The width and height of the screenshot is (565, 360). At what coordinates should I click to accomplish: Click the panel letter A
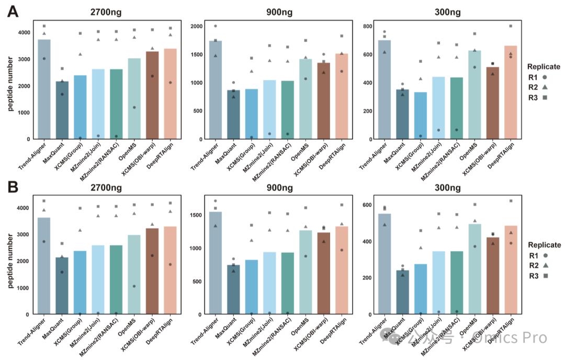12,12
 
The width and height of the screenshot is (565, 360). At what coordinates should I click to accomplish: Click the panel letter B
12,187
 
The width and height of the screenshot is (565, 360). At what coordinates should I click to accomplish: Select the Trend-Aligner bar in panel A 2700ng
44,89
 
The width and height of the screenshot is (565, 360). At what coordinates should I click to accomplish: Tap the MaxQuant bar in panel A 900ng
219,115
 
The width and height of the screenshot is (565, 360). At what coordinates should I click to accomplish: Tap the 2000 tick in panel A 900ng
196,26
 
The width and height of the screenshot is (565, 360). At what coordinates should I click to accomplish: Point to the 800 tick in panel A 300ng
367,26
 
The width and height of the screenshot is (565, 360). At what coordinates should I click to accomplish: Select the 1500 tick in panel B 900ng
196,215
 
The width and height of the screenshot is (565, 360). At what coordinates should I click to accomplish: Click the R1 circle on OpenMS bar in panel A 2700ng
134,107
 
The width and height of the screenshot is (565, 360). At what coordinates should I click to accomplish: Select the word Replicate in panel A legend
544,67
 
